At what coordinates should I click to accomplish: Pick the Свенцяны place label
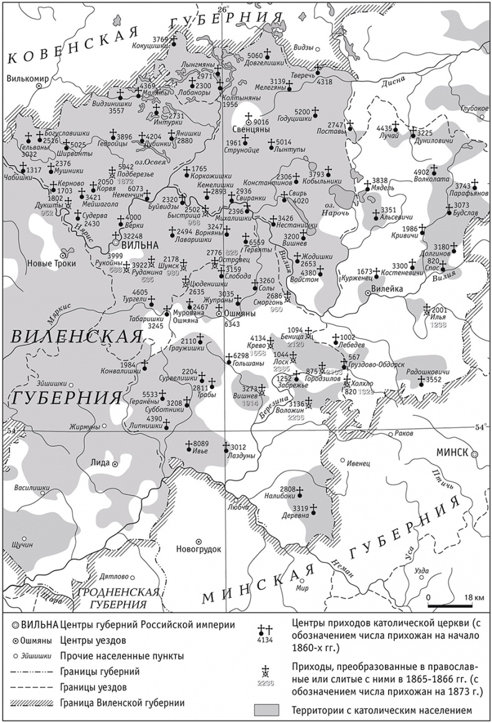click(250, 131)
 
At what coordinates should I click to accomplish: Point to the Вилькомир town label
click(27, 79)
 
